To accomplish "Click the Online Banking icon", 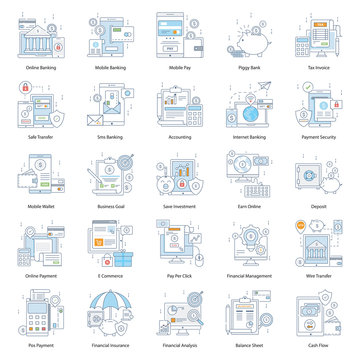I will (41, 35).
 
